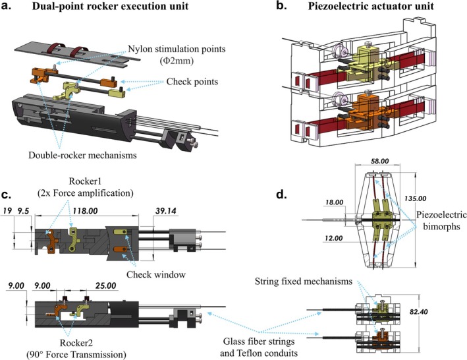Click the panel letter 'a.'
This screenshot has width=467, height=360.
(7, 6)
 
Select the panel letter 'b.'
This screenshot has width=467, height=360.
(281, 5)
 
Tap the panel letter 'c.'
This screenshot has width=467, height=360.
(6, 195)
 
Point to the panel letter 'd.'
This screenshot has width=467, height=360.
(281, 195)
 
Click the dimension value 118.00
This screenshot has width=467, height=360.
(85, 211)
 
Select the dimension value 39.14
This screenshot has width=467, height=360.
(165, 211)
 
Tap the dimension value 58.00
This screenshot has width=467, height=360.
(379, 162)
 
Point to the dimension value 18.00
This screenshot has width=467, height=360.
(334, 202)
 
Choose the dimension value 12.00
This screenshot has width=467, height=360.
(333, 238)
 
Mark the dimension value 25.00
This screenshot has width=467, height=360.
(105, 285)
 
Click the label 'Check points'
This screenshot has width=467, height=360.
(192, 82)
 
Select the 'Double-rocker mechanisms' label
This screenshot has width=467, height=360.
(82, 155)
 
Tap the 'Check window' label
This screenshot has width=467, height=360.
(156, 274)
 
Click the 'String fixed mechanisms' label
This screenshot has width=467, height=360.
(304, 281)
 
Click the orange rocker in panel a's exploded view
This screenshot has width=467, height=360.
(39, 76)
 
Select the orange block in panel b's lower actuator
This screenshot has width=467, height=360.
(360, 114)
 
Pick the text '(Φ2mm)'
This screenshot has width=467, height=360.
(177, 61)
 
